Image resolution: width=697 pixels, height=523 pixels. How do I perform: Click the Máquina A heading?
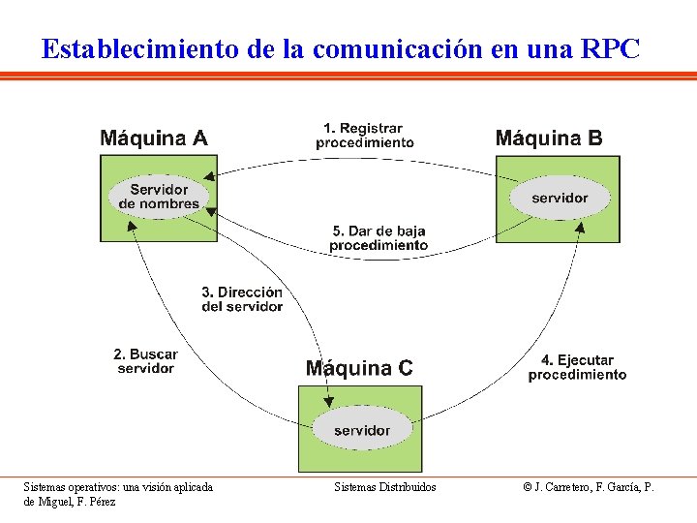click(154, 138)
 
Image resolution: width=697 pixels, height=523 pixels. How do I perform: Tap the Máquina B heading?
click(549, 138)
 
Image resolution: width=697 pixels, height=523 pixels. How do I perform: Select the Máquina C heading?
click(359, 368)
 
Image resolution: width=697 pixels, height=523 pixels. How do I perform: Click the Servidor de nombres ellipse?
click(159, 197)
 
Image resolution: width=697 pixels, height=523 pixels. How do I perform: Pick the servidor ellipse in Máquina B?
click(560, 198)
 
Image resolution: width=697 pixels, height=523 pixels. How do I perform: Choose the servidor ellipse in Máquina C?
click(362, 429)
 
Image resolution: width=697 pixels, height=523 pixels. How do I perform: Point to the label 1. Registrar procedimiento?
click(364, 136)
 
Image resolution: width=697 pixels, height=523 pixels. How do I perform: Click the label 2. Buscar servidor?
click(145, 361)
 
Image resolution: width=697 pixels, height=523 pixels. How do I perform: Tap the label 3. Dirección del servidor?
click(242, 299)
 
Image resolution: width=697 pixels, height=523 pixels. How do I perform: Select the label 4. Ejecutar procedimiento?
click(577, 367)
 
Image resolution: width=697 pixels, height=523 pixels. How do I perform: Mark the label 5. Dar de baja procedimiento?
click(379, 238)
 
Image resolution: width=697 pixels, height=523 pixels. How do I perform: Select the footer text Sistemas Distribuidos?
click(385, 487)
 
